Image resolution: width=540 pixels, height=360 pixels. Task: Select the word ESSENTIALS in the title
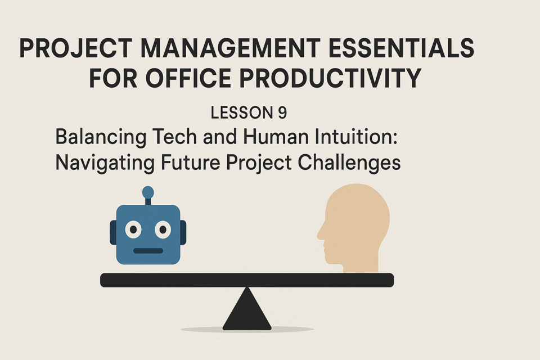click(401, 48)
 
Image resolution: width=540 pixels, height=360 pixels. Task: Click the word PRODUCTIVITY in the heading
click(330, 78)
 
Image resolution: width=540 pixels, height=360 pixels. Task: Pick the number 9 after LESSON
click(282, 112)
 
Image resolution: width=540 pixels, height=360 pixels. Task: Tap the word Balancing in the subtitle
click(100, 137)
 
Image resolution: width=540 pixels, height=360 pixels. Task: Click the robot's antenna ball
click(148, 192)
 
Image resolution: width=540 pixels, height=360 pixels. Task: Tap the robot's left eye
click(133, 229)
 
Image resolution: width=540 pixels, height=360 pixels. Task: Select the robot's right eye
click(163, 229)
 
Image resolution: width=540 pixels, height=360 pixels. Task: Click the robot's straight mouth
click(148, 251)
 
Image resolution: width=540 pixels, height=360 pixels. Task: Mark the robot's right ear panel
click(183, 232)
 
